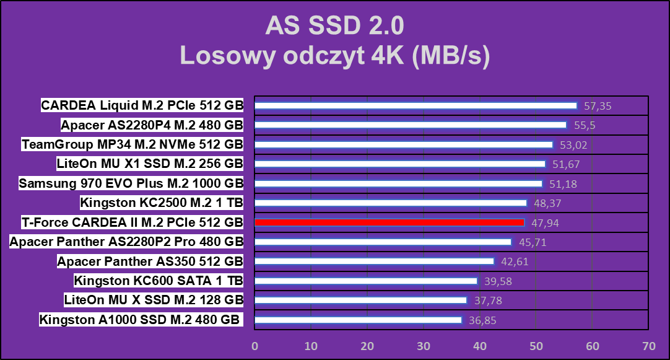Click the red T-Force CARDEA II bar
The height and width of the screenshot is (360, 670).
(389, 222)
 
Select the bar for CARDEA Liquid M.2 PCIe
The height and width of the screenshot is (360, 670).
(415, 105)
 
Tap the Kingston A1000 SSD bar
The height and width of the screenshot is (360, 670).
(358, 320)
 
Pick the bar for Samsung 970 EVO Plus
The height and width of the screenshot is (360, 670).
(398, 183)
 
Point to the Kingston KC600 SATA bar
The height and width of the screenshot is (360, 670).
(366, 281)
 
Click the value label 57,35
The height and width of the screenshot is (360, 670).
(598, 106)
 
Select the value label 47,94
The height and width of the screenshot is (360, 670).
(545, 222)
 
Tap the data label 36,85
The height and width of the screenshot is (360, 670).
(482, 320)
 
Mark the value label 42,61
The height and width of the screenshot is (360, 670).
(515, 261)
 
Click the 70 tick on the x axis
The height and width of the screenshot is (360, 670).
(648, 346)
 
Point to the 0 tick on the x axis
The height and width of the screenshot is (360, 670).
(255, 346)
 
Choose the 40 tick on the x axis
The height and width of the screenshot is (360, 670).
(480, 346)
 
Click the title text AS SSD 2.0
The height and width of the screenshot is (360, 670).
(334, 26)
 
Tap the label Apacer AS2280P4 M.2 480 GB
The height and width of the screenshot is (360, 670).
(152, 125)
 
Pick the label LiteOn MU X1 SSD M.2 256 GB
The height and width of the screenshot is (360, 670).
(150, 164)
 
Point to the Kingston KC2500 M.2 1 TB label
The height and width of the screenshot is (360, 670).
(162, 203)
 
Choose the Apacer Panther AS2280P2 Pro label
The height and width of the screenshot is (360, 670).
(126, 242)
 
